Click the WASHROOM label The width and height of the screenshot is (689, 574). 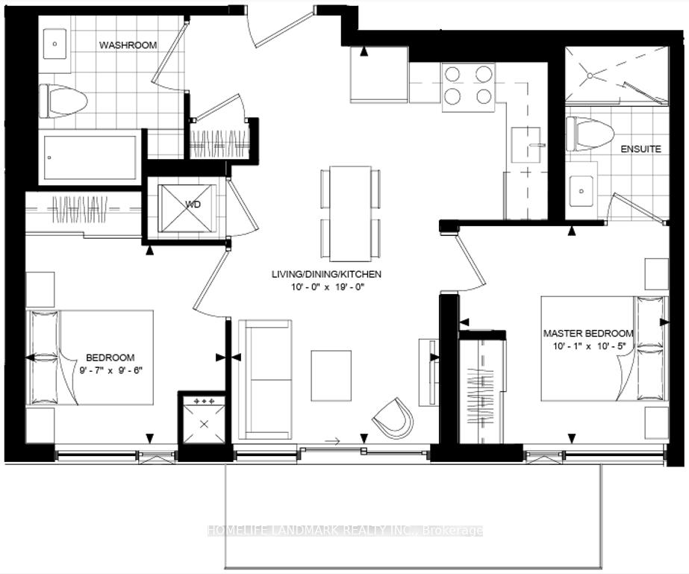coord(128,45)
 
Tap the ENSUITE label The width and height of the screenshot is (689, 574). coord(640,149)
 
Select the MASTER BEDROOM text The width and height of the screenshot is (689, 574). coord(588,334)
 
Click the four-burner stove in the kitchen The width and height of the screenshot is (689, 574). coord(467,84)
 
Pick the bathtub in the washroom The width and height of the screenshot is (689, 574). coord(90,157)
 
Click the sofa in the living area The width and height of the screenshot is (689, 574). coord(265,379)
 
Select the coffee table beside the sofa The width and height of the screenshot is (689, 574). coord(330,375)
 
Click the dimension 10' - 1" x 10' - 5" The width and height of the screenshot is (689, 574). coord(588,346)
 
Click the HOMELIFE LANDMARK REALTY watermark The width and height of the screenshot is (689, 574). coord(344,531)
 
